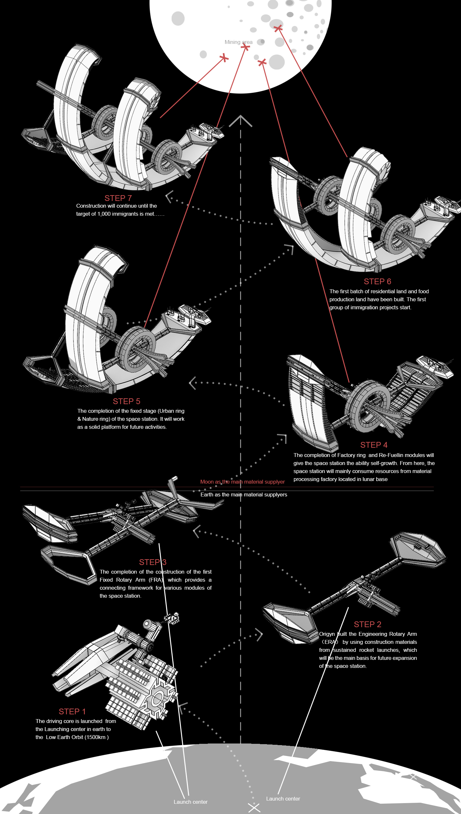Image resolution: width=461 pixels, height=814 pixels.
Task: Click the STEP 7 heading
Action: (x=118, y=198)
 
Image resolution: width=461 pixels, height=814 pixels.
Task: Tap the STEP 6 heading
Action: (x=377, y=281)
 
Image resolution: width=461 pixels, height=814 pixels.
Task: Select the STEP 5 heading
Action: (x=126, y=401)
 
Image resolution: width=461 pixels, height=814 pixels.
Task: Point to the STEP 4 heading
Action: (x=374, y=445)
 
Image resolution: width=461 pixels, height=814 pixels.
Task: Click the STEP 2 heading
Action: (x=367, y=624)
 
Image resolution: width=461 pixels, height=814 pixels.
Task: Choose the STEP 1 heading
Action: (x=72, y=711)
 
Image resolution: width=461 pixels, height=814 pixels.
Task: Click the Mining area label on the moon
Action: (x=238, y=42)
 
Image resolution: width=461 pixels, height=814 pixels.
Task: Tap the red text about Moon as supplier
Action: (x=242, y=482)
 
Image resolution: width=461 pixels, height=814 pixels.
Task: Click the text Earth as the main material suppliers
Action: (x=244, y=494)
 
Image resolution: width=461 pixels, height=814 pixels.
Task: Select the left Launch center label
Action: (x=190, y=802)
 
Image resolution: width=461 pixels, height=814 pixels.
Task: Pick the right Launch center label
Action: (x=283, y=799)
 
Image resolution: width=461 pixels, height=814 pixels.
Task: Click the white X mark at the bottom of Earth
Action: (x=254, y=808)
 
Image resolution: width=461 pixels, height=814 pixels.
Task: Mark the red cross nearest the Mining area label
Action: (x=246, y=47)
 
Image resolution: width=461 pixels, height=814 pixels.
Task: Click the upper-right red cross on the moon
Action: (x=278, y=28)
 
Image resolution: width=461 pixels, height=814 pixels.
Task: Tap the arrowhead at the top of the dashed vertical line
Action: (x=241, y=120)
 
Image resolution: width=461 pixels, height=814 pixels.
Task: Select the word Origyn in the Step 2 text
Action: (x=327, y=634)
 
